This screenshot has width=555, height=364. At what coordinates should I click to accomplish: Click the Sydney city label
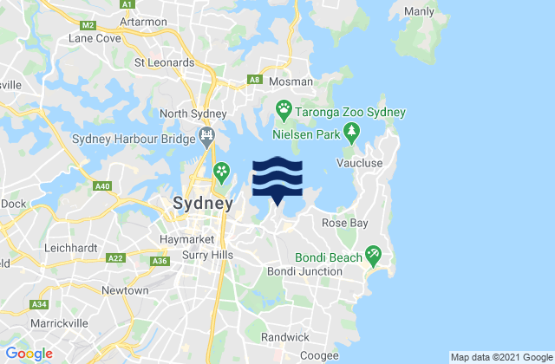pos(203,205)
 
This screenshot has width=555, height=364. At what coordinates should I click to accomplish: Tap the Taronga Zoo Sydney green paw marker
pos(284,108)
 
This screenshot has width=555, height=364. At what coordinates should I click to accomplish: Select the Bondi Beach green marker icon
pos(374,256)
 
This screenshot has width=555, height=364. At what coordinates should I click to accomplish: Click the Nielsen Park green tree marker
pos(351,133)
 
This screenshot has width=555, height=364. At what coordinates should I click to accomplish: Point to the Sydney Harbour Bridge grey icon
pos(207,136)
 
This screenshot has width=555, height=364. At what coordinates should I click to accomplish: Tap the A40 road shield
pos(101,185)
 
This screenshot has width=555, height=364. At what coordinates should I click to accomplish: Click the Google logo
pos(29,354)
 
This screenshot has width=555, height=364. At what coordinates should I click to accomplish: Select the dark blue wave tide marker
pos(277,179)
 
